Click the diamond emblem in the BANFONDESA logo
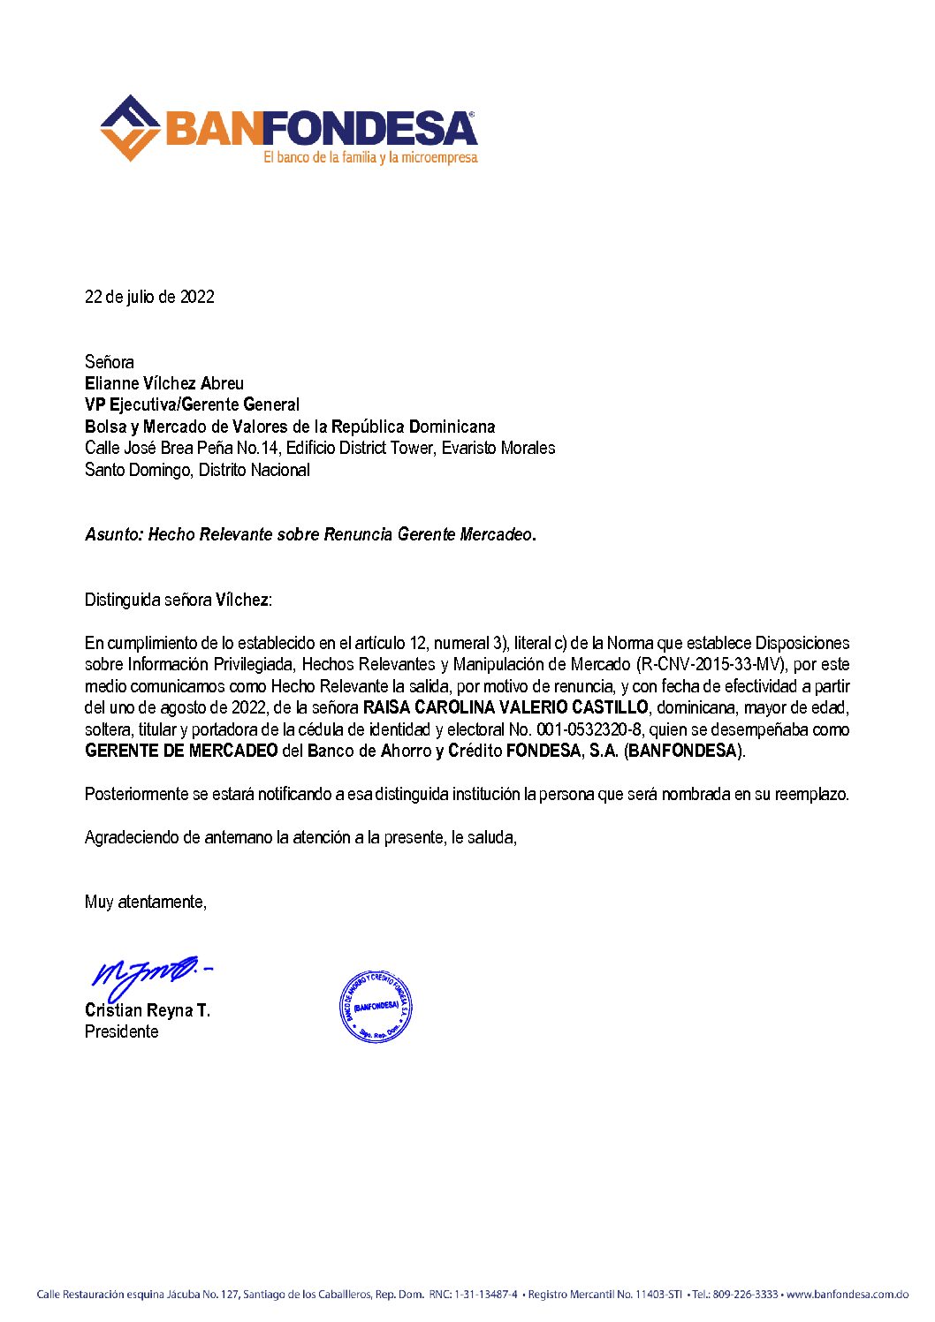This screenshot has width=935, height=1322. (x=130, y=128)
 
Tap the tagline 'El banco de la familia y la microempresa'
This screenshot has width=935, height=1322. (x=370, y=158)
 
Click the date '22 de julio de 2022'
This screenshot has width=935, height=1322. (x=149, y=297)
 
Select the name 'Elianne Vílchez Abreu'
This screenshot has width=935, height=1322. (x=164, y=383)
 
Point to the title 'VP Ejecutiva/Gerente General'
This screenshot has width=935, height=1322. (x=192, y=404)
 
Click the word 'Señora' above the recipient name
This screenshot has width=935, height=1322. (x=110, y=362)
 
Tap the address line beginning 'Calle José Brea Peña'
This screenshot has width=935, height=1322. (x=320, y=448)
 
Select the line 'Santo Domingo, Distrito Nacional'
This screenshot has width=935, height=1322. (x=197, y=470)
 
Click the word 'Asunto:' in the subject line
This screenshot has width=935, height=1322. (x=114, y=534)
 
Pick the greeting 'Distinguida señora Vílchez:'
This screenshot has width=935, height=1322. (x=179, y=601)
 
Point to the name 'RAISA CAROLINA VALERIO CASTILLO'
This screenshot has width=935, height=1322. (x=506, y=707)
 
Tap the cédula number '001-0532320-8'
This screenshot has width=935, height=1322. (x=589, y=729)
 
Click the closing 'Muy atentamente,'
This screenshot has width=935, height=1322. (x=146, y=902)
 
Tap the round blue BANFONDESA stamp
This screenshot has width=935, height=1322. (x=376, y=1006)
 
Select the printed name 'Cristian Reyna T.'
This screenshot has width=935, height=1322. (x=148, y=1010)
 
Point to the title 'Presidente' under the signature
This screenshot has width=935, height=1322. (x=122, y=1031)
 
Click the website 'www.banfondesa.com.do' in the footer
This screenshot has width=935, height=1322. (x=847, y=1295)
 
